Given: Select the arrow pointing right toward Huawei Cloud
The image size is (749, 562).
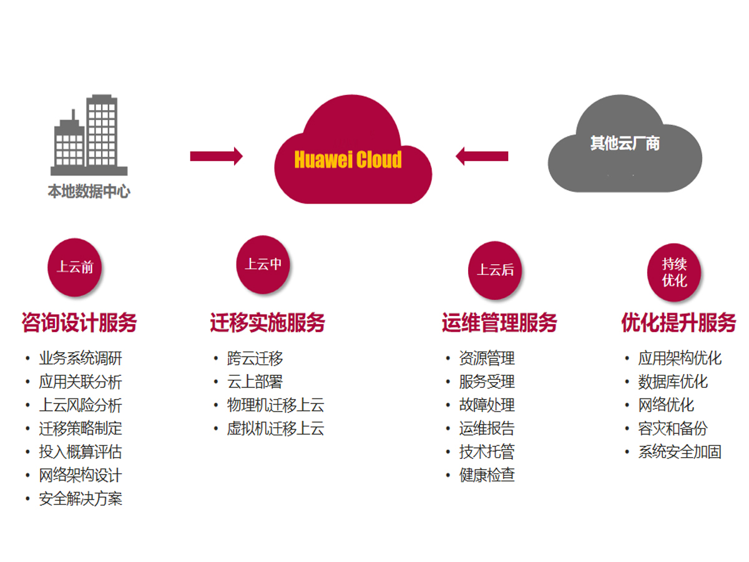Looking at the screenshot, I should click(x=216, y=156).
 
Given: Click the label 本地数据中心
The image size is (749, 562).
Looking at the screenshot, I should click(x=89, y=192).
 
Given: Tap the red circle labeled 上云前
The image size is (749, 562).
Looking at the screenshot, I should click(x=75, y=267).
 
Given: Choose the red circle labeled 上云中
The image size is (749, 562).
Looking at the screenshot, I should click(x=263, y=264).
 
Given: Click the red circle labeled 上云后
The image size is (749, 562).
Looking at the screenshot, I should click(x=496, y=270).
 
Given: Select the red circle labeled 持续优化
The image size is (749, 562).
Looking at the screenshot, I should click(x=674, y=272).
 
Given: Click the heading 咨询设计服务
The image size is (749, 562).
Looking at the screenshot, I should click(x=79, y=323).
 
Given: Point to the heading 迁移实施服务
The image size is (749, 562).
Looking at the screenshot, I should click(x=268, y=323).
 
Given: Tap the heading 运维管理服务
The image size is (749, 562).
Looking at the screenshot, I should click(x=499, y=323).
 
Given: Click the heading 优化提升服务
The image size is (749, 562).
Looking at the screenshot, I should click(x=678, y=323).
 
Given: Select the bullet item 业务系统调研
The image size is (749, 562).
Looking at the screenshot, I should click(x=81, y=358).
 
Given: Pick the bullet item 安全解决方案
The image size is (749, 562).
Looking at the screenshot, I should click(x=81, y=499).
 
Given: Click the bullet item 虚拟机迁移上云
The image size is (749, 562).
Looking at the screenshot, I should click(x=275, y=429).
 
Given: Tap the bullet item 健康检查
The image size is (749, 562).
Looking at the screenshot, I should click(x=487, y=475).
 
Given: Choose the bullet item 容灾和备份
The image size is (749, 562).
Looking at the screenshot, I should click(x=672, y=429).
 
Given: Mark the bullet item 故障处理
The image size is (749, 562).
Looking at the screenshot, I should click(x=487, y=405).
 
